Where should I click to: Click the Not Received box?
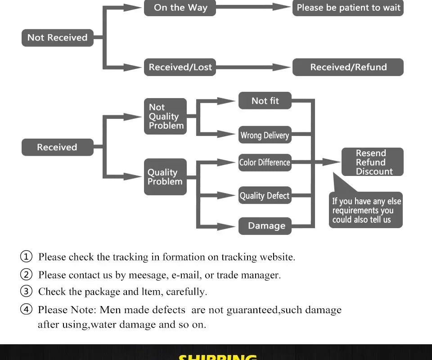(57, 38)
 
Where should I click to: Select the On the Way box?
(180, 8)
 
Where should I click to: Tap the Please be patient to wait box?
(348, 8)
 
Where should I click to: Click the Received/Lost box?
(180, 67)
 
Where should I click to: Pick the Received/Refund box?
(348, 67)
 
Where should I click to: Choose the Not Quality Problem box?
(165, 117)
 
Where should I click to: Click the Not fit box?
(265, 101)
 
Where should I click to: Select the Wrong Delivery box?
(265, 135)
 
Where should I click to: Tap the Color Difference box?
(265, 162)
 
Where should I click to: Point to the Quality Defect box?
(265, 196)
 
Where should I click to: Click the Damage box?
(265, 226)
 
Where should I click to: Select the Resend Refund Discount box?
(372, 162)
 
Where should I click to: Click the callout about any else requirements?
(365, 211)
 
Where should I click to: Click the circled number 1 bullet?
(27, 257)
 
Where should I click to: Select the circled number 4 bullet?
(27, 310)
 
